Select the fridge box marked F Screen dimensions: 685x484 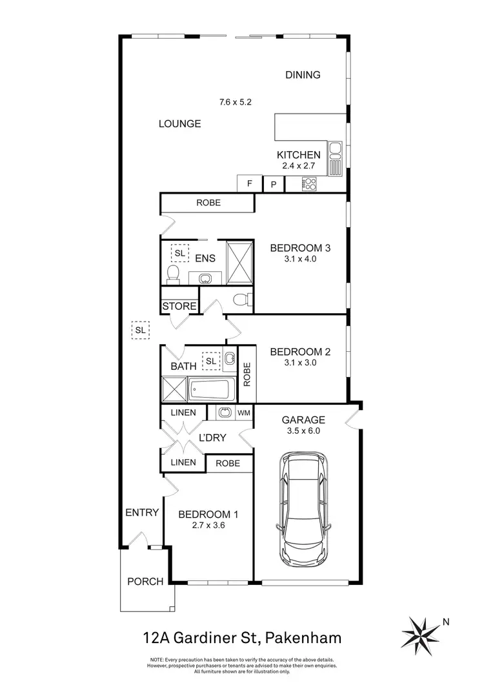click(x=250, y=184)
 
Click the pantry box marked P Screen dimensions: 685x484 click(x=274, y=184)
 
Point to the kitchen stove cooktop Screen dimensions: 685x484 click(x=309, y=184)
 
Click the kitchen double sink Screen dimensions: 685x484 click(x=335, y=159)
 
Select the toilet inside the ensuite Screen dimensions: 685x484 click(x=172, y=275)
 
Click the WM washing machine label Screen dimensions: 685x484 click(x=244, y=412)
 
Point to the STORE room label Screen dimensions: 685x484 click(x=179, y=306)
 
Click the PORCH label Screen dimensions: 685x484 click(x=145, y=581)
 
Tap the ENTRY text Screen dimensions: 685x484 click(x=142, y=513)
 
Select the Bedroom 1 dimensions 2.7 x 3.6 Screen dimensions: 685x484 click(x=208, y=526)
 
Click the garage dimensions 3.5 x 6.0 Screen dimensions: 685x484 click(x=303, y=430)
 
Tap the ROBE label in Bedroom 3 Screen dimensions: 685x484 click(x=208, y=203)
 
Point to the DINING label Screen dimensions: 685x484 click(x=303, y=75)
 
